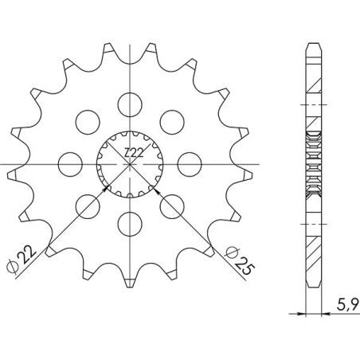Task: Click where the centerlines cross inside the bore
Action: coord(128,162)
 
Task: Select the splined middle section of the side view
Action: coord(311,162)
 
